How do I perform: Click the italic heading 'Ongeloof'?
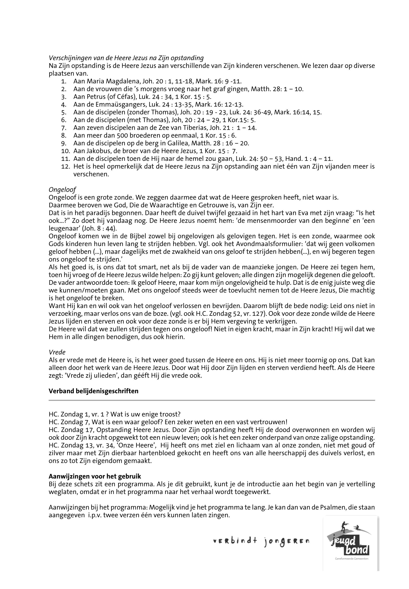pos(62,190)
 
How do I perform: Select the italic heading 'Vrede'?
pos(57,353)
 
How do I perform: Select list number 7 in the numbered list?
pos(64,128)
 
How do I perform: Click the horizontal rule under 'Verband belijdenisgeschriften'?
pos(212,400)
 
